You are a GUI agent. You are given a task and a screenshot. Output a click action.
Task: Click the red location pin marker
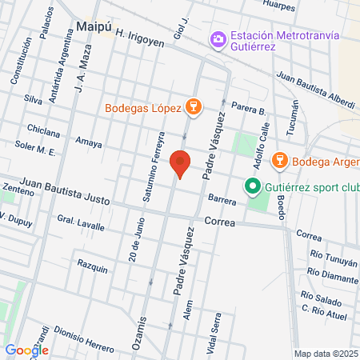click(181, 163)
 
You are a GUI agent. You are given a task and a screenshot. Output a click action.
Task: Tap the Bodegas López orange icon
click(192, 106)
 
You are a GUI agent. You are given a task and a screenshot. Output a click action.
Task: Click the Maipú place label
click(94, 26)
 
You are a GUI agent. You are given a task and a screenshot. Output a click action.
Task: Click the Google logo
click(27, 350)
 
